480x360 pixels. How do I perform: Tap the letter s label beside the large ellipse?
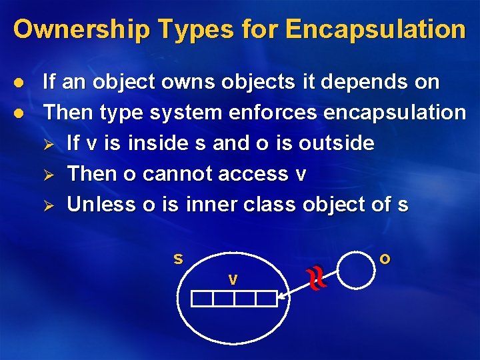coord(178,258)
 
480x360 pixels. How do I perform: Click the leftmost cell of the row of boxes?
coord(202,299)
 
